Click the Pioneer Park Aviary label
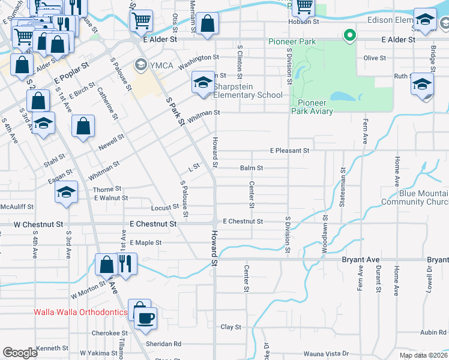[312, 107]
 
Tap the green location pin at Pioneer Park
[349, 36]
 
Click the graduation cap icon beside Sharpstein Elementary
[203, 82]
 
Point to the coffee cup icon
[145, 317]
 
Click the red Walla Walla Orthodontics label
[80, 312]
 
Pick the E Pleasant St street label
[289, 150]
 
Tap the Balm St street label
[252, 168]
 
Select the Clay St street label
[231, 327]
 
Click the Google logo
[20, 352]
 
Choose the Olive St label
[374, 58]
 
